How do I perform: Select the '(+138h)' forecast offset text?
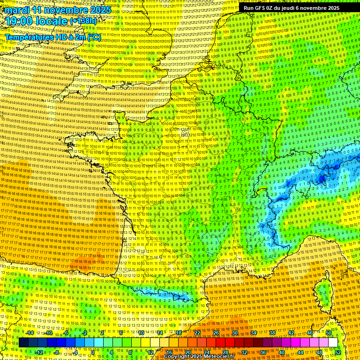pyautogui.click(x=85, y=22)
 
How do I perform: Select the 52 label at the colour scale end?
pyautogui.click(x=338, y=352)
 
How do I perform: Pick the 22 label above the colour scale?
pyautogui.click(x=197, y=333)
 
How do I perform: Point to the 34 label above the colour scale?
pyautogui.click(x=254, y=333)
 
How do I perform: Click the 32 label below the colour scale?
pyautogui.click(x=244, y=352)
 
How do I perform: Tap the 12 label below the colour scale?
pyautogui.click(x=150, y=352)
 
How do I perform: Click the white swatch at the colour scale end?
pyautogui.click(x=333, y=343)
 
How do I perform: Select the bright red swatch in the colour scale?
pyautogui.click(x=220, y=343)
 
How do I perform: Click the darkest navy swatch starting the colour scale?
pyautogui.click(x=23, y=343)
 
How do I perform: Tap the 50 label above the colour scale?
pyautogui.click(x=329, y=333)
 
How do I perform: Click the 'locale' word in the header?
pyautogui.click(x=51, y=21)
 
